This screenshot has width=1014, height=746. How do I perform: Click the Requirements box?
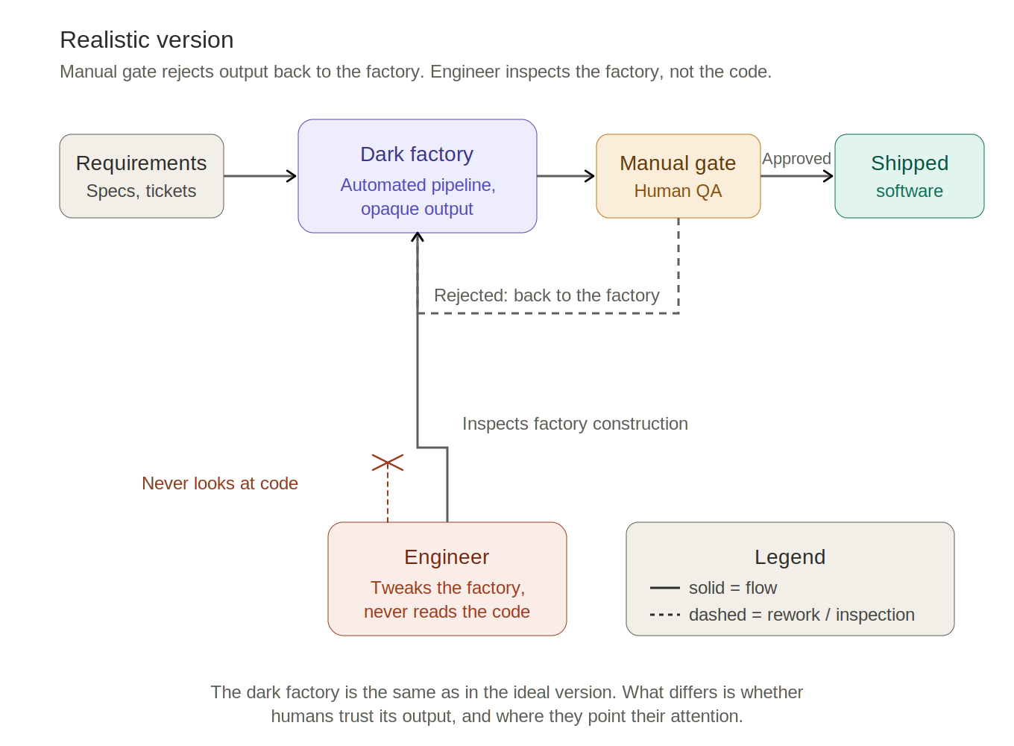coord(142,176)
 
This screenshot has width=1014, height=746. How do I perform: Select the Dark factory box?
coord(418,176)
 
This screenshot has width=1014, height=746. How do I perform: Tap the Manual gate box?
coord(678,176)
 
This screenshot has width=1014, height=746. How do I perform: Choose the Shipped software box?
coord(910,176)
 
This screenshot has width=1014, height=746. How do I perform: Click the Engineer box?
coord(447,579)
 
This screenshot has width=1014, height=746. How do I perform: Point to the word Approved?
coord(796,159)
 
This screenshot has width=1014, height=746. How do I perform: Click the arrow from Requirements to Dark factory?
coord(260,176)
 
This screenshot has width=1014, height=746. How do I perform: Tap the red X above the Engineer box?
coord(388,463)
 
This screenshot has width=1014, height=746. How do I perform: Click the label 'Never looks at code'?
coord(220,483)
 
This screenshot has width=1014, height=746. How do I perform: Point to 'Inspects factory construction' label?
coord(575,424)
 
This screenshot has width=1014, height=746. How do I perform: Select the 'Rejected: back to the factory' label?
coord(547,295)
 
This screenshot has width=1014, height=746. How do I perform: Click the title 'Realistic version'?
coord(147,40)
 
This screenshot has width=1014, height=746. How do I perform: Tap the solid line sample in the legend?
coord(664,588)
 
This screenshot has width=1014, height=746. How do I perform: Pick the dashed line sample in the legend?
coord(664,615)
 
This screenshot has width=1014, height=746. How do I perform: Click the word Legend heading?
coord(790,557)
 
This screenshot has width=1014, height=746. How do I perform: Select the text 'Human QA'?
coord(678,191)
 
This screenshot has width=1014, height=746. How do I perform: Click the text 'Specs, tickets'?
coord(141,191)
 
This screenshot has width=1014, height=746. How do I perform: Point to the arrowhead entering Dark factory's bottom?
coord(418,236)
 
